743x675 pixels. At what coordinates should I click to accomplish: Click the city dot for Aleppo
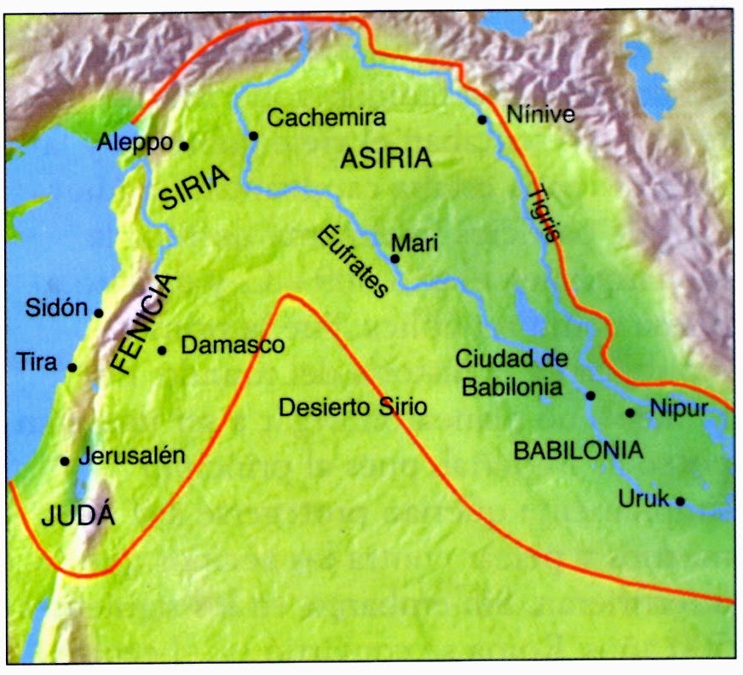(184, 145)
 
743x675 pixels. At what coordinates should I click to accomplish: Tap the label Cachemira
(326, 118)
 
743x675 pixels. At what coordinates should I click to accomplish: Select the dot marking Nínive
(482, 120)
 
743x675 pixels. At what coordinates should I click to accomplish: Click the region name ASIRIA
(386, 159)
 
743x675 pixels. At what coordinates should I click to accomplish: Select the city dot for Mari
(395, 258)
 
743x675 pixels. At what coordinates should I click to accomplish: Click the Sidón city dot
(98, 313)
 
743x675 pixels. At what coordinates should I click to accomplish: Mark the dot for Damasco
(162, 349)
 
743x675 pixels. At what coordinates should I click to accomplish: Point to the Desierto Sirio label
(352, 408)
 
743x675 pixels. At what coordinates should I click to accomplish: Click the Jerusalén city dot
(64, 461)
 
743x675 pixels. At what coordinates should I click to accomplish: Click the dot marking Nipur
(630, 412)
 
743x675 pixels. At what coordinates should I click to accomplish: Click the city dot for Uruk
(680, 501)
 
